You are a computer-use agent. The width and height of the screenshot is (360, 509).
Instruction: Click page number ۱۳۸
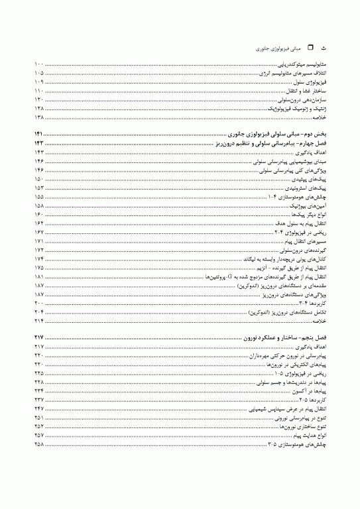tap(39, 115)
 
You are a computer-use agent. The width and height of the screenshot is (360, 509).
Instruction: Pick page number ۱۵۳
tap(39, 188)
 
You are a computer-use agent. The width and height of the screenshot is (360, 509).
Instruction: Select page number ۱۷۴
tap(39, 258)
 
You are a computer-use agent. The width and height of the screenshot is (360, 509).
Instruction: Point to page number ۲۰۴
tap(39, 311)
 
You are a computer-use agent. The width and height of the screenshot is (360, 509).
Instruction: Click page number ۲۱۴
tap(39, 320)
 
